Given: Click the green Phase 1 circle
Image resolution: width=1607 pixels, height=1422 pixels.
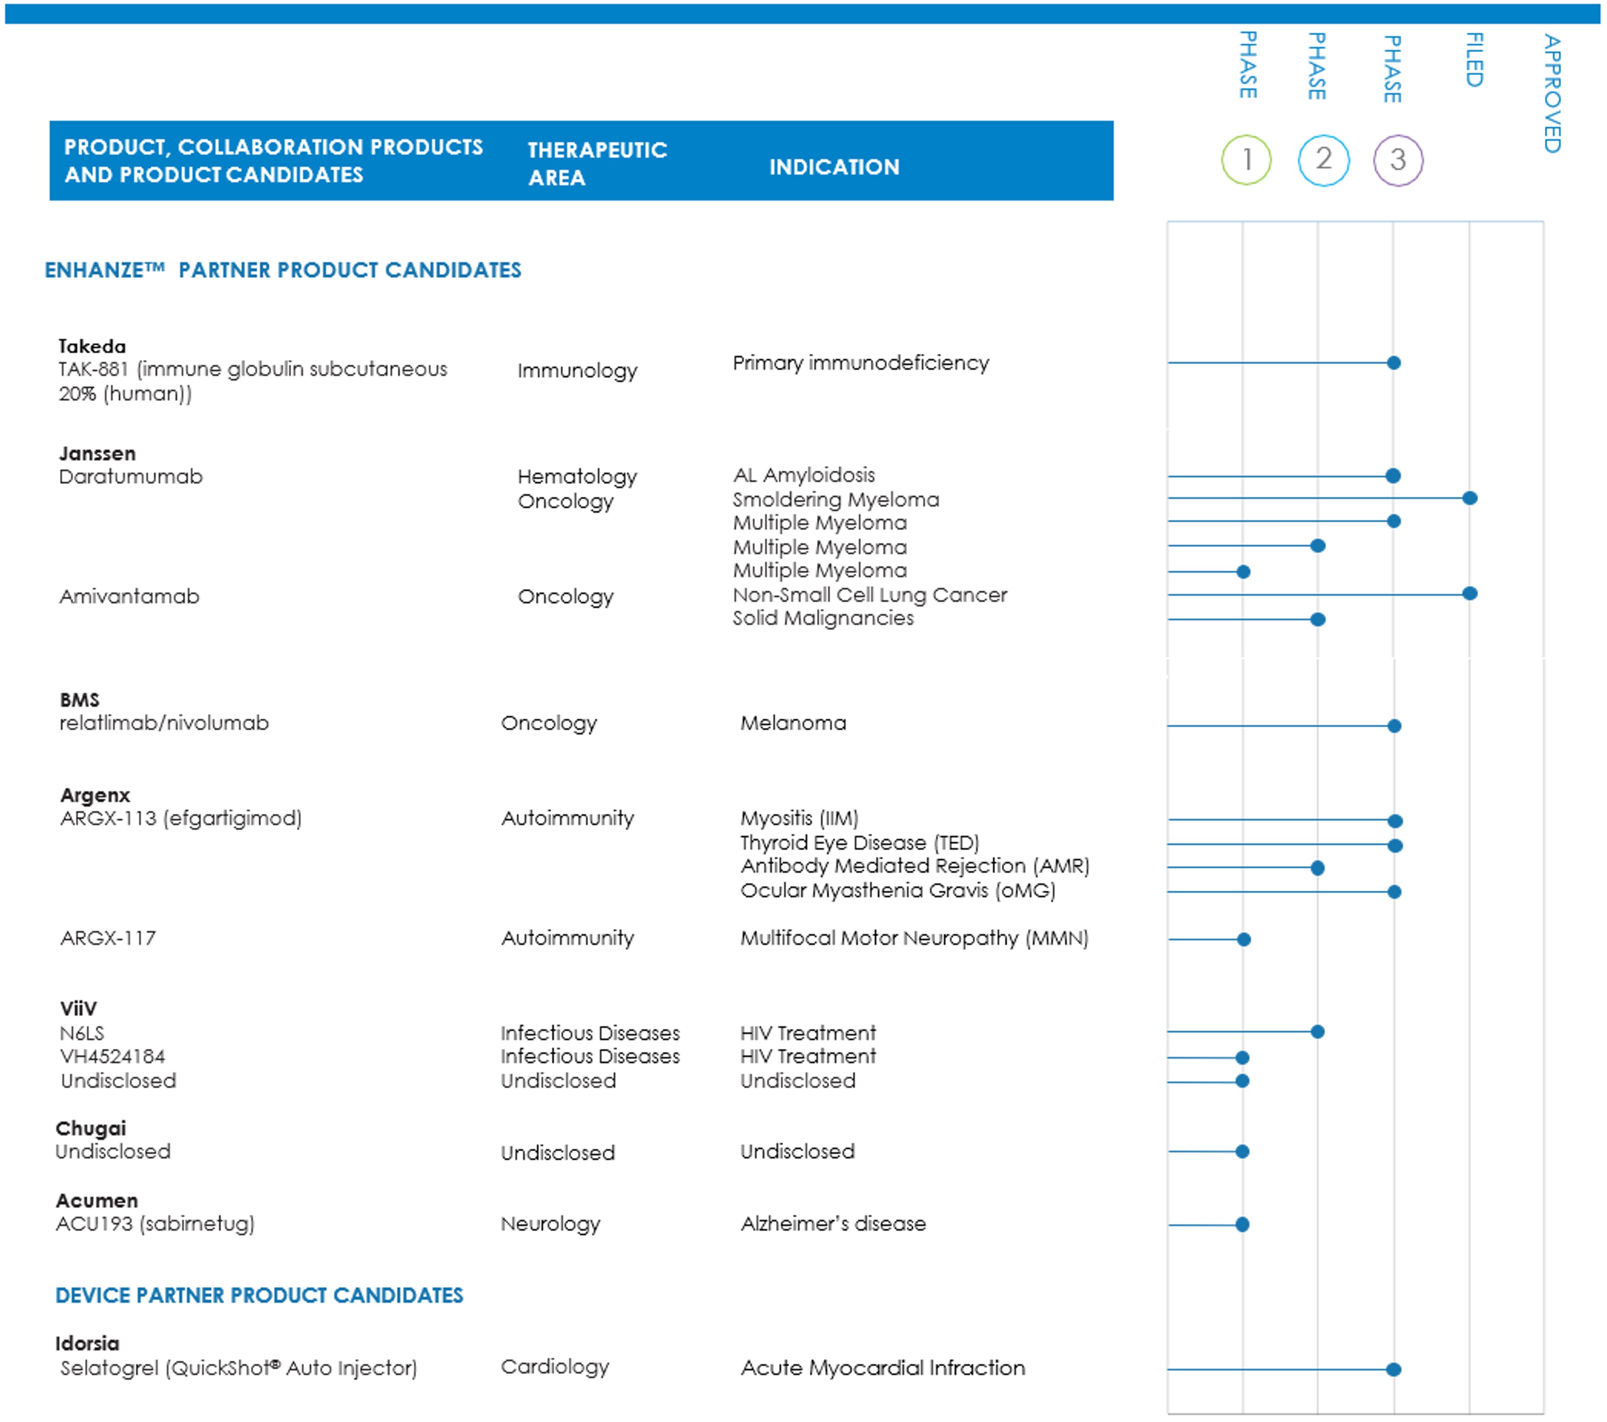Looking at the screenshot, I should (x=1246, y=160).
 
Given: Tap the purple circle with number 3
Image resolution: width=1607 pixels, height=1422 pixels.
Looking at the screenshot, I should (x=1398, y=160).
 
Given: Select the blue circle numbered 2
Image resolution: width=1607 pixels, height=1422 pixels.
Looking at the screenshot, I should (x=1323, y=160).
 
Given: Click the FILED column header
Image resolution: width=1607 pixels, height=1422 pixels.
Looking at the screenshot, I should (x=1474, y=60).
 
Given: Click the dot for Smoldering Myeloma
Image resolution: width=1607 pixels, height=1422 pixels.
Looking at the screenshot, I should (x=1469, y=498).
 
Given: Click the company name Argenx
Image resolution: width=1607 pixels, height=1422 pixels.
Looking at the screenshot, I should (x=95, y=795).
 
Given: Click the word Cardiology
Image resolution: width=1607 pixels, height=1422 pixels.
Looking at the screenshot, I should (x=555, y=1367).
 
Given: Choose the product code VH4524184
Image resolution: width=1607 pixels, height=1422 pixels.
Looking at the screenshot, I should (x=113, y=1056).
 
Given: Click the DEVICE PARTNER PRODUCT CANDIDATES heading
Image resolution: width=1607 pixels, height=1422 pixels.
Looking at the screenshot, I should (x=259, y=1296).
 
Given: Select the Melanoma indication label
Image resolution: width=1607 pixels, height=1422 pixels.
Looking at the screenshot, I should (x=793, y=723).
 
